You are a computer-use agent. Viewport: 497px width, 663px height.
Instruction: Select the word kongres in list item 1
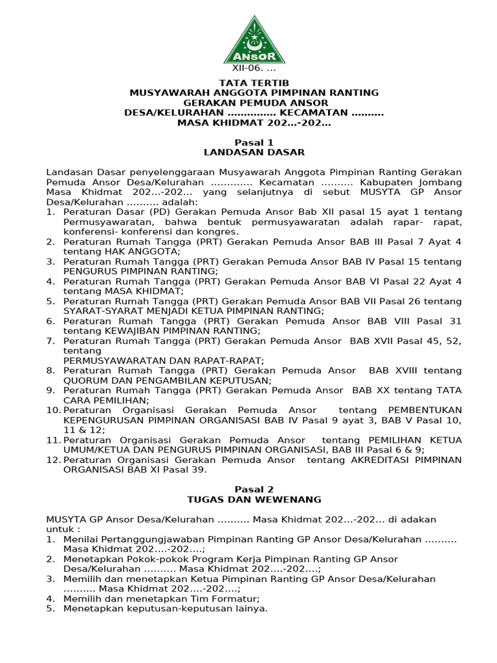223,232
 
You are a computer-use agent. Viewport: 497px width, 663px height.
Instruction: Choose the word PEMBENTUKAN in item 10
424,410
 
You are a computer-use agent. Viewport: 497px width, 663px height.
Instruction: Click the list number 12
53,460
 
